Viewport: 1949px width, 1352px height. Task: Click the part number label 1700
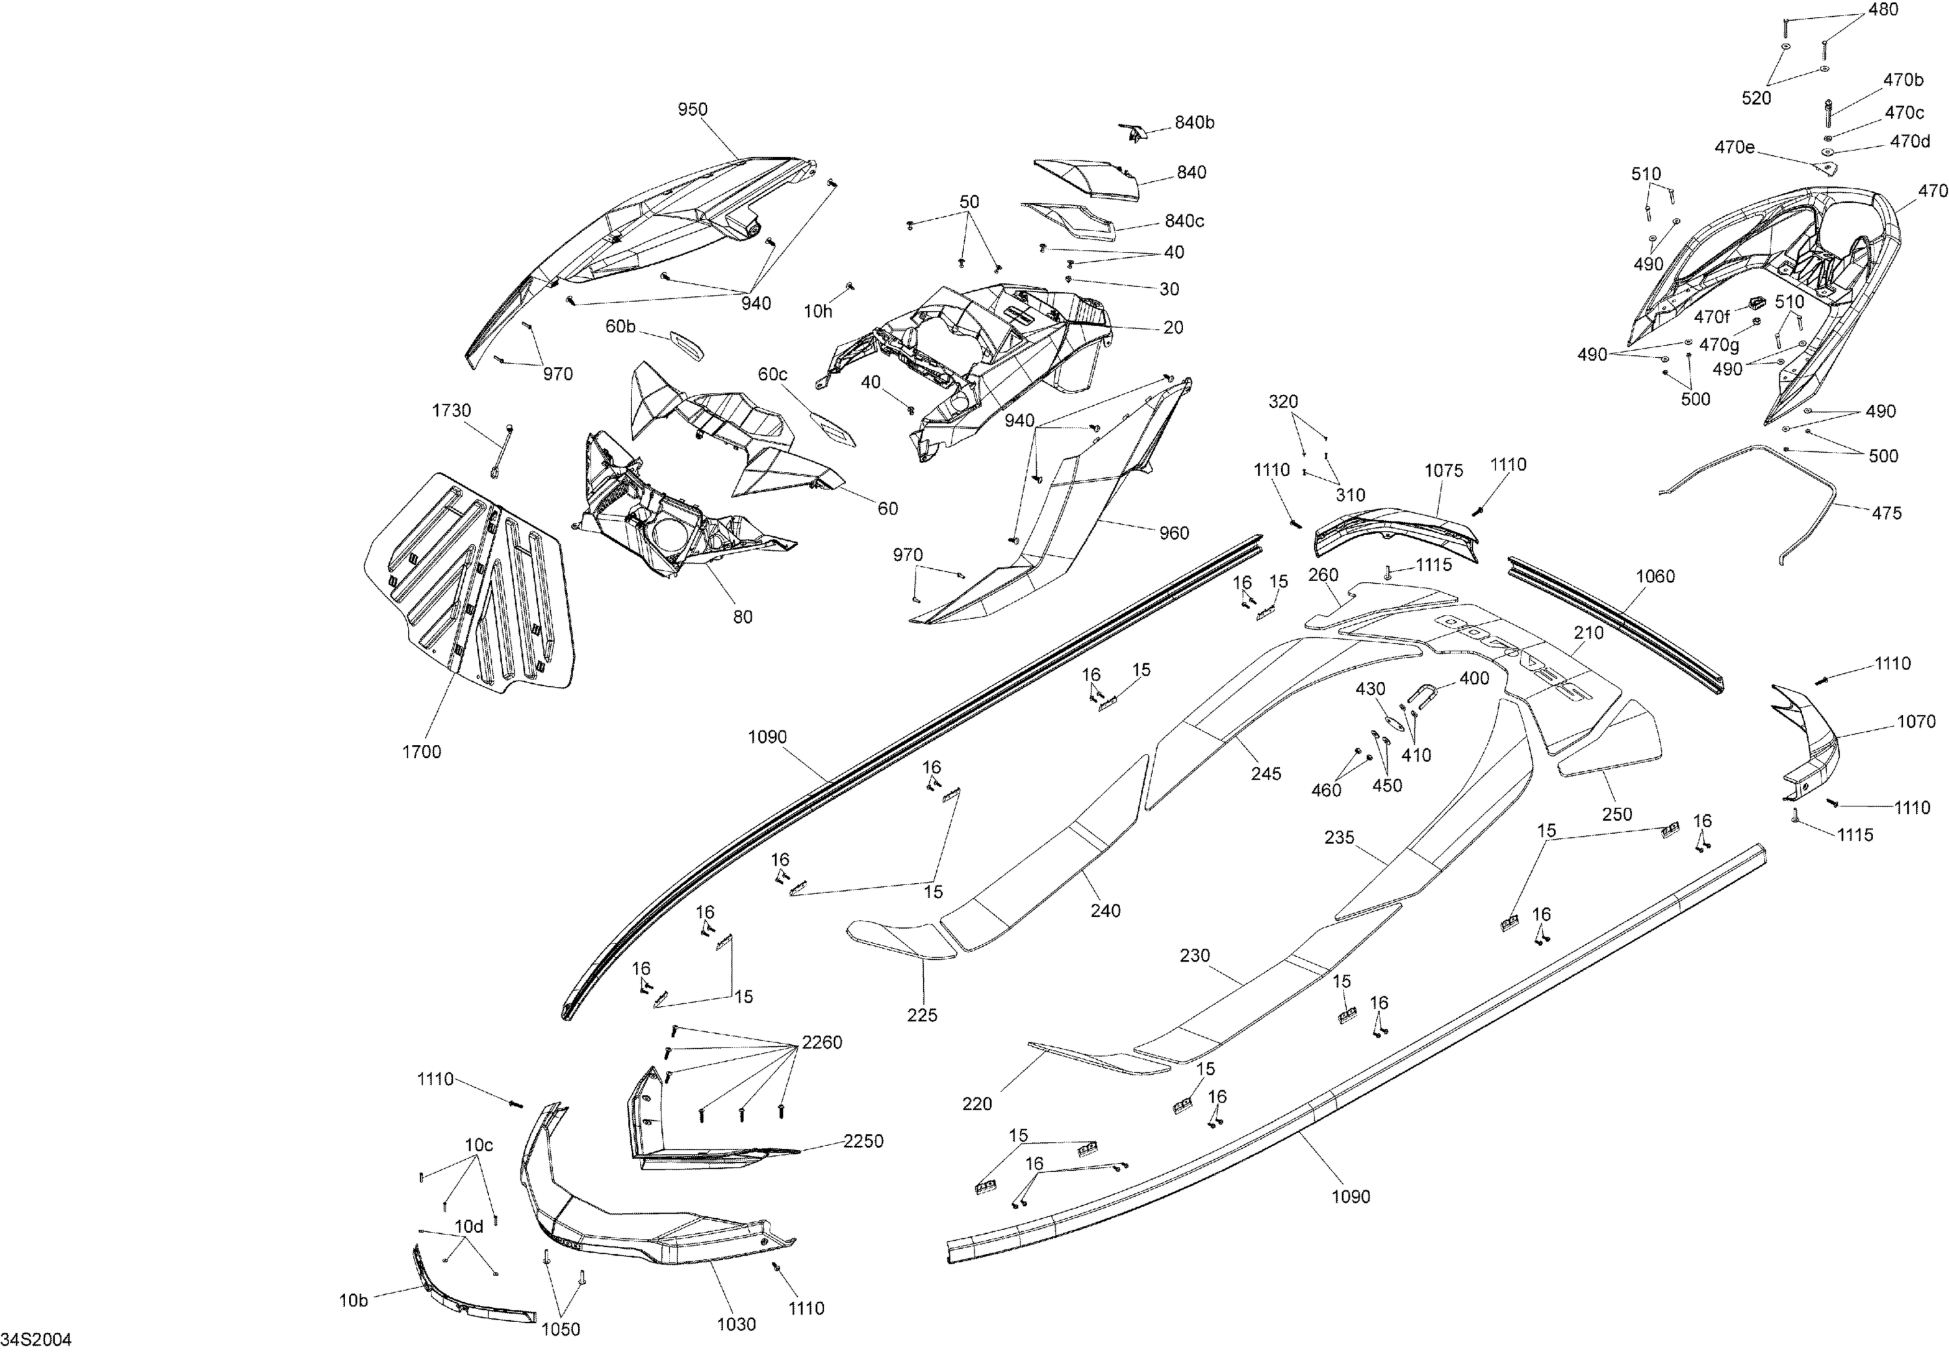click(421, 751)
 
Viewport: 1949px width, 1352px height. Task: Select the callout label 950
click(693, 109)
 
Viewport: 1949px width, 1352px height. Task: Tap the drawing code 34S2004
click(36, 1339)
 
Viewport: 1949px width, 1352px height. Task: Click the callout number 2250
click(863, 1141)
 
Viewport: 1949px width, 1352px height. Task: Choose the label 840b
click(1194, 123)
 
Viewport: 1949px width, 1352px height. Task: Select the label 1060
click(1655, 577)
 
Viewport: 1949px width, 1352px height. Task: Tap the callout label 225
click(922, 1015)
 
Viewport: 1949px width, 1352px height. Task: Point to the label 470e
click(1735, 147)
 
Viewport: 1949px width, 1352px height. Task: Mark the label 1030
click(735, 1324)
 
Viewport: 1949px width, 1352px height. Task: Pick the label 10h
click(818, 312)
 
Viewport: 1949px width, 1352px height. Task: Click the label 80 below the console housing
click(743, 617)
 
